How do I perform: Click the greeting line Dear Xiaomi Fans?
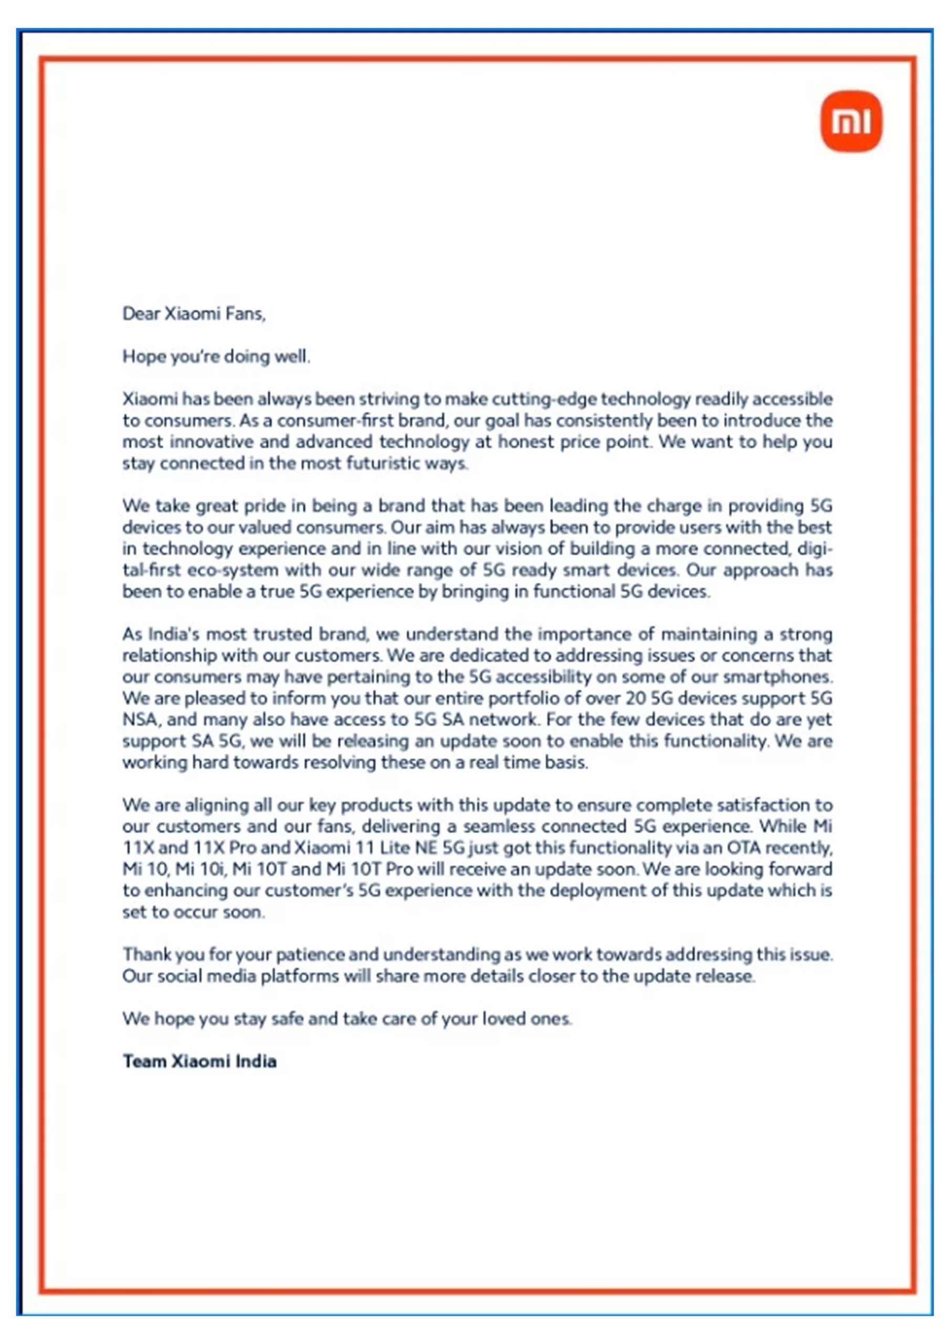194,314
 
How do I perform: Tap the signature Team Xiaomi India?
199,1061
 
